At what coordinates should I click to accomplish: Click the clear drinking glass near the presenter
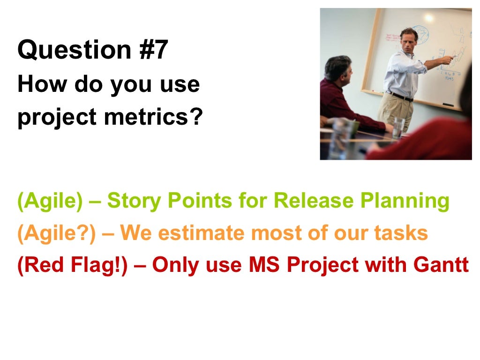coord(399,126)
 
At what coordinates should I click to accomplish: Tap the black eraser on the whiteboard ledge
coord(447,105)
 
